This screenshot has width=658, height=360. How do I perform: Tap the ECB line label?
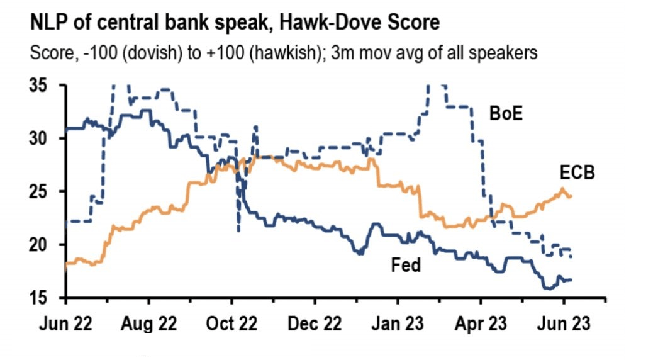point(577,173)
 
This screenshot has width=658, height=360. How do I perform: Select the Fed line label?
point(406,266)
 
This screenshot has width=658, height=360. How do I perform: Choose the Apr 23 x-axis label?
point(480,323)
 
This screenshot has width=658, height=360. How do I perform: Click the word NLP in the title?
point(48,25)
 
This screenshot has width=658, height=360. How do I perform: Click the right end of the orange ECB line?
point(571,196)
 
